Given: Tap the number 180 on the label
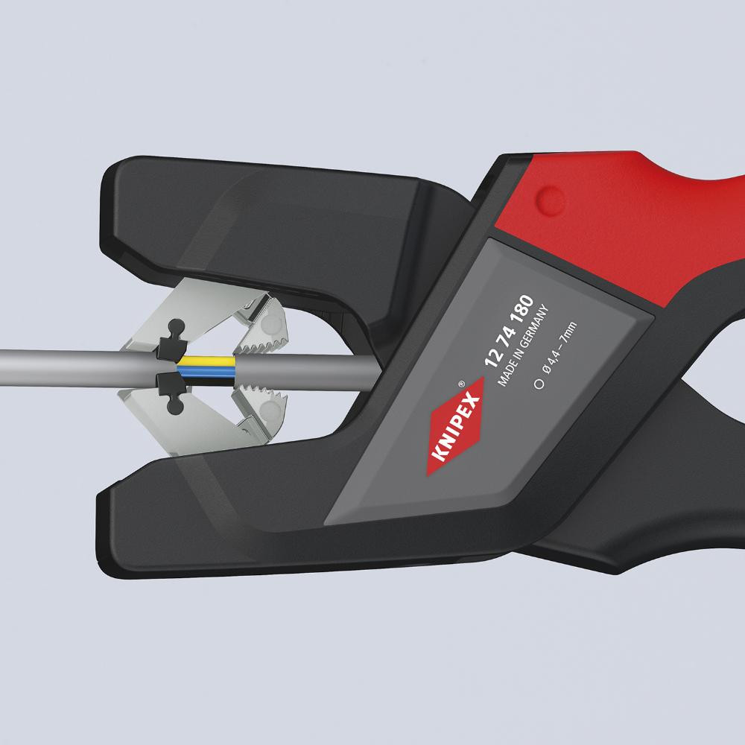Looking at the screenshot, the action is [x=523, y=309].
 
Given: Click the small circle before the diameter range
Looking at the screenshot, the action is [x=539, y=384].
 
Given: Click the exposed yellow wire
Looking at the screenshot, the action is [x=206, y=362].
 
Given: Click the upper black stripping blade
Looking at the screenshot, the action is [x=171, y=342].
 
